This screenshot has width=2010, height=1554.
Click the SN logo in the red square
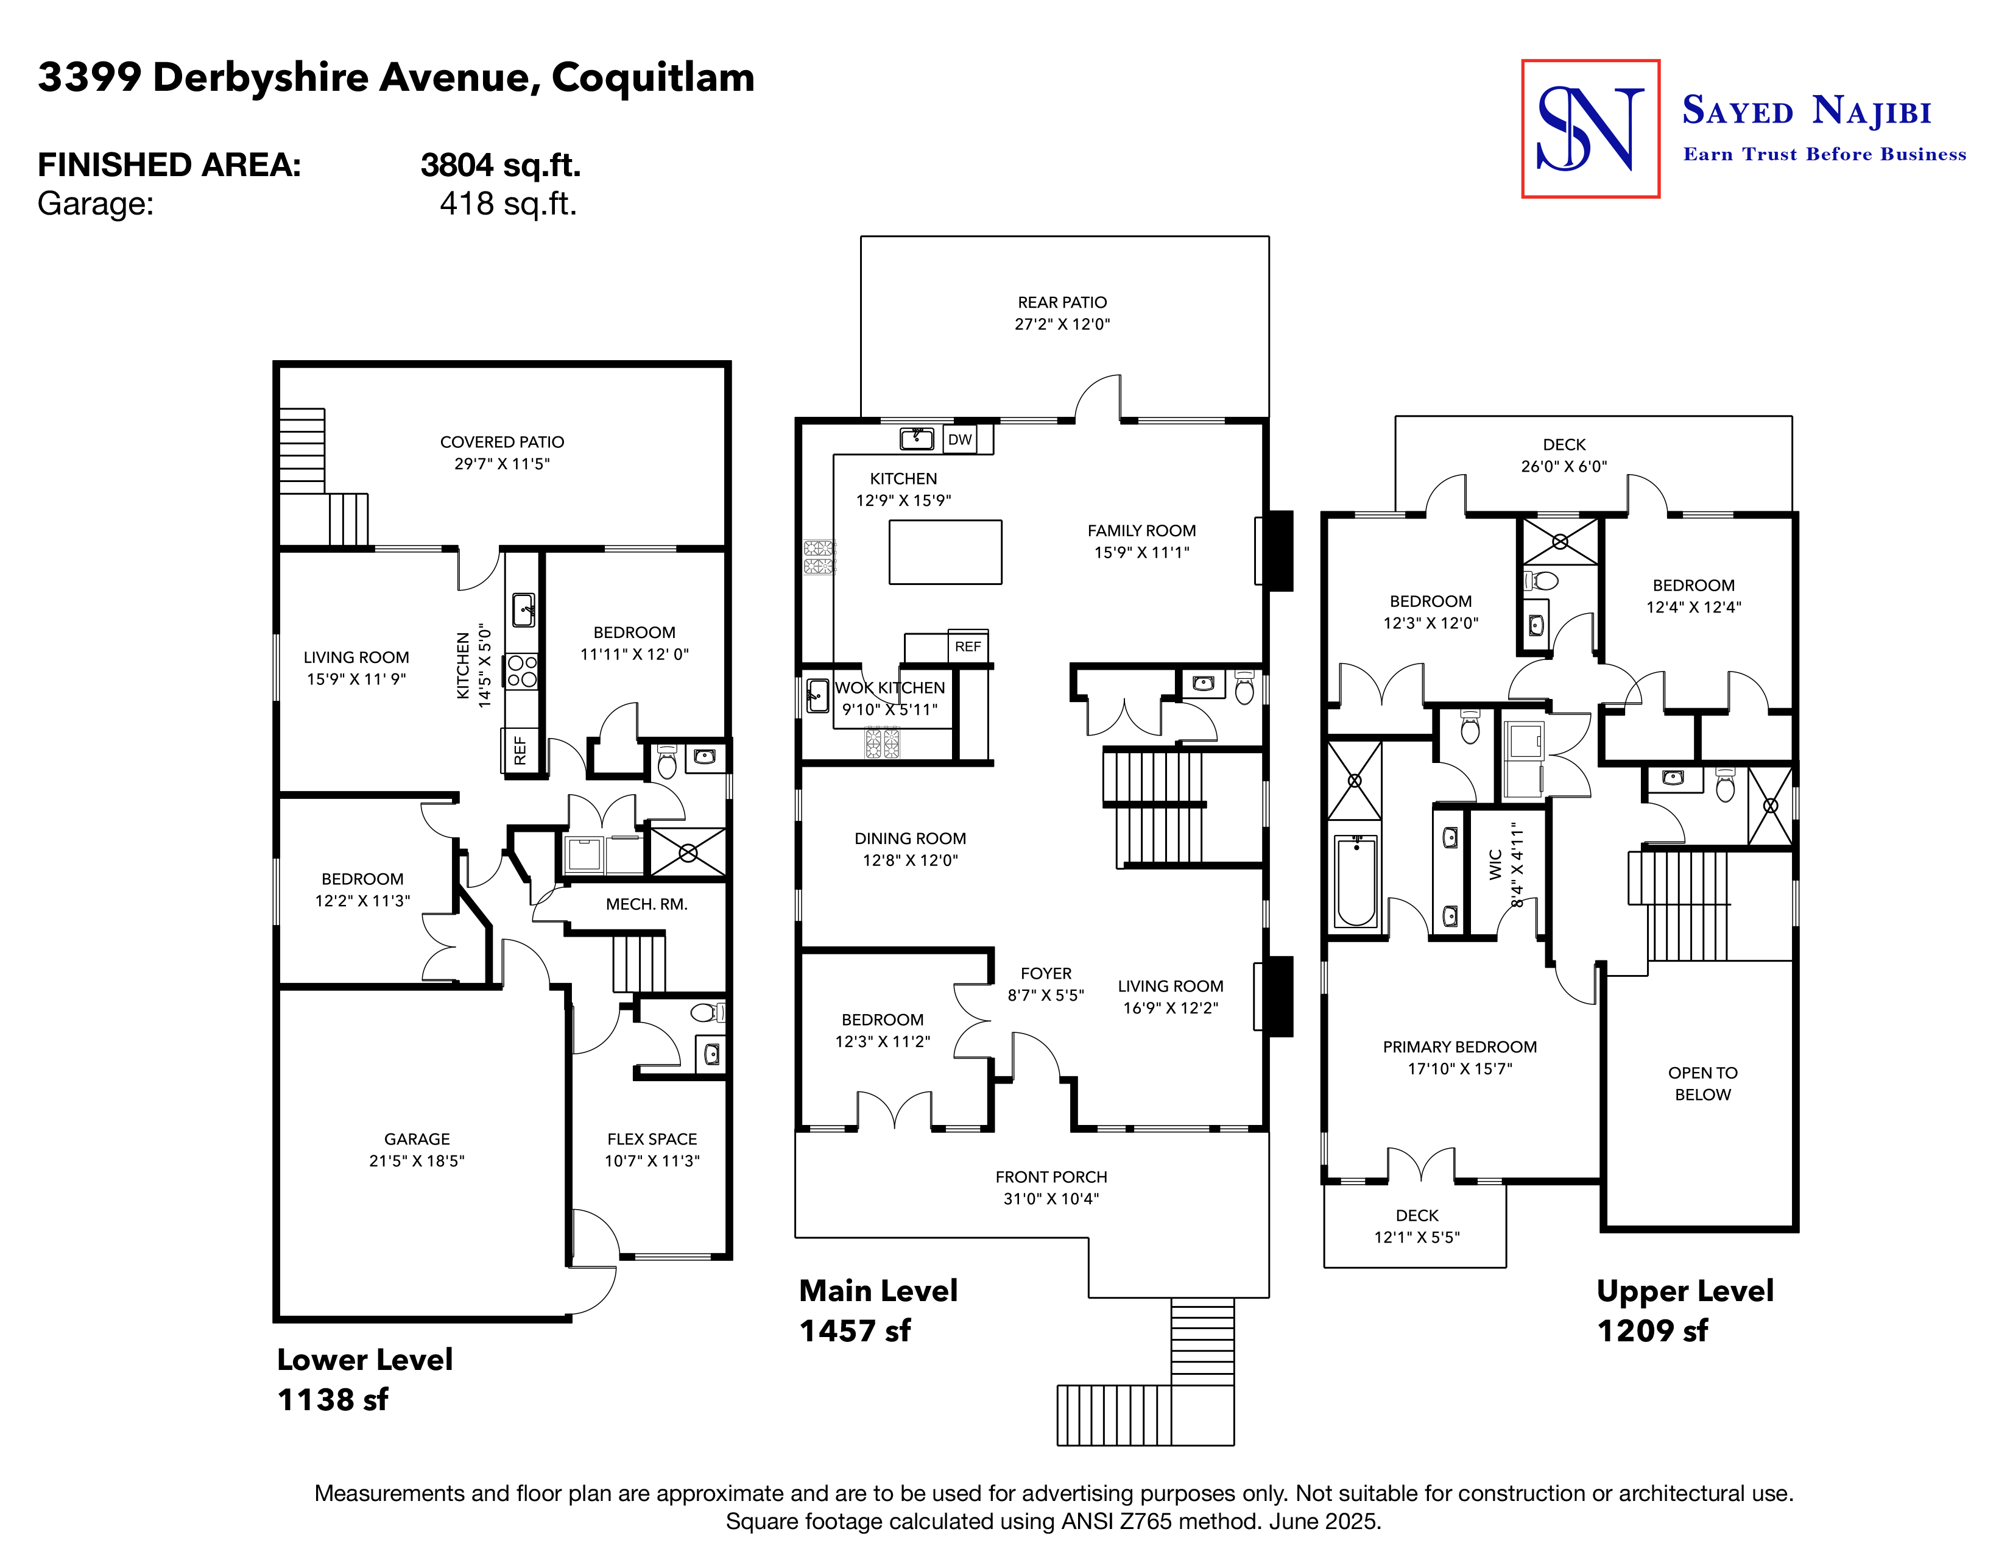(x=1590, y=129)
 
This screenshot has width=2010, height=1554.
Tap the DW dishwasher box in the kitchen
(x=960, y=439)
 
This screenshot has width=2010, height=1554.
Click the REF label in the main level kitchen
(x=967, y=646)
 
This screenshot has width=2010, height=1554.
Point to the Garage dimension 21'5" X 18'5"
(x=416, y=1161)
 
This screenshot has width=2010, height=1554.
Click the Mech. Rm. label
(x=646, y=904)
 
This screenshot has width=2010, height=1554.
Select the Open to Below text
(x=1702, y=1084)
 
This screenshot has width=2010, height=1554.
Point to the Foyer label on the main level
(x=1045, y=973)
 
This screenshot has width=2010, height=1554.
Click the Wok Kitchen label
(x=889, y=687)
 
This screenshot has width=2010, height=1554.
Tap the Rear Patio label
(x=1062, y=302)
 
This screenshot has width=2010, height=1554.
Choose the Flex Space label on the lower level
(x=652, y=1139)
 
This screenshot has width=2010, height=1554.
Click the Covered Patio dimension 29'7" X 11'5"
(x=501, y=464)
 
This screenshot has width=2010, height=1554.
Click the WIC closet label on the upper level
(x=1495, y=865)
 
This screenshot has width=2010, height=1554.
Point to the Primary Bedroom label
(x=1459, y=1047)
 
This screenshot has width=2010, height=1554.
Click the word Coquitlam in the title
(x=652, y=77)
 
